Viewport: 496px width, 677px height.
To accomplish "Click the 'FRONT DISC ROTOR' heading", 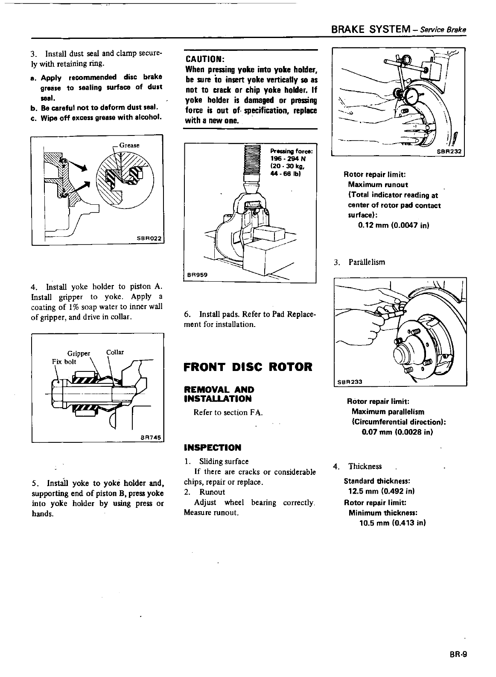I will (248, 367).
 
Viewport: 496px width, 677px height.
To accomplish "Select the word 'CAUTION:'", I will (203, 59).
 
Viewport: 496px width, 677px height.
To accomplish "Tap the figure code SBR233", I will (348, 382).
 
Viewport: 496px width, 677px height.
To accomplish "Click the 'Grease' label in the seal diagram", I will (129, 145).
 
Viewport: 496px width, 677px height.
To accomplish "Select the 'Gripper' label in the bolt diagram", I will (79, 353).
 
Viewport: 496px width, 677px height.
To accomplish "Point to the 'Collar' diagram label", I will (115, 352).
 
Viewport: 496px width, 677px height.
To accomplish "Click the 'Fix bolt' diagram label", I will (64, 361).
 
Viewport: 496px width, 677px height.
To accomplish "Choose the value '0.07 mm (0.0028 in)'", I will (397, 432).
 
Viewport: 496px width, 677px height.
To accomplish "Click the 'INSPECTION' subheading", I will (212, 447).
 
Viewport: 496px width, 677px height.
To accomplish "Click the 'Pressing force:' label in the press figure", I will (292, 151).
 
